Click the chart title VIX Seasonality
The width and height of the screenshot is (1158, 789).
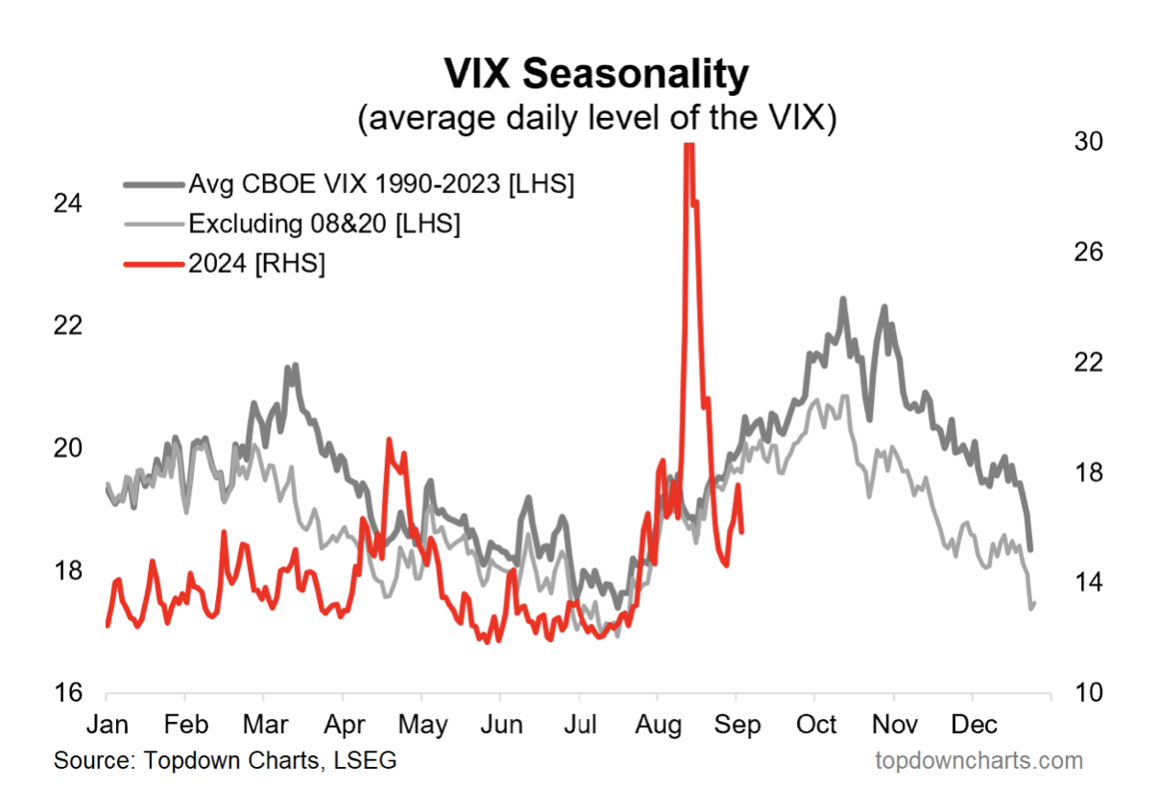pos(594,74)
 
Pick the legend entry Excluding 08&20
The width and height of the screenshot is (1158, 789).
pos(325,225)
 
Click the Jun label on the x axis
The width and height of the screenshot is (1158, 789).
pos(500,724)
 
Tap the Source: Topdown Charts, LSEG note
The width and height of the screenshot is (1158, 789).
pos(225,761)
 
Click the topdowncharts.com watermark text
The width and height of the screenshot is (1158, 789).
pos(978,761)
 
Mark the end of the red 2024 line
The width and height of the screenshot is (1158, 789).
pos(742,531)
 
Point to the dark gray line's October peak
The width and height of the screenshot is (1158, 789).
pos(843,299)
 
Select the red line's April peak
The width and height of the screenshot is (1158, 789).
pos(389,440)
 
